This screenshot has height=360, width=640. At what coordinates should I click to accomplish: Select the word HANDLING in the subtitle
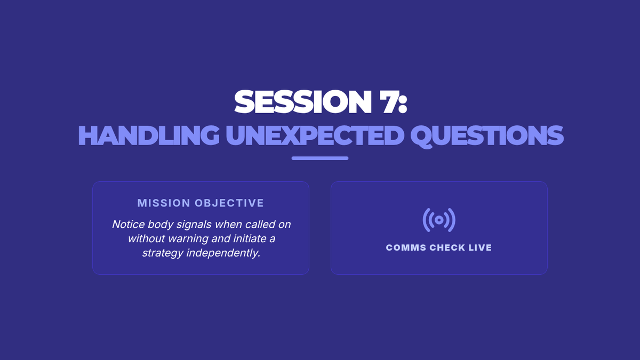149,135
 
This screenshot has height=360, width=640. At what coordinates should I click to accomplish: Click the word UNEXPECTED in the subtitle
315,135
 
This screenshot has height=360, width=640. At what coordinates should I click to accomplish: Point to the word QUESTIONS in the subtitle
487,136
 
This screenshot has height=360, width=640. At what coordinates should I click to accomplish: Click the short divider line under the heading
320,158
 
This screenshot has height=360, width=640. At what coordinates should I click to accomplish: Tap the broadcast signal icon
439,220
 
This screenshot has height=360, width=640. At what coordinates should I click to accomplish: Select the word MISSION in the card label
164,203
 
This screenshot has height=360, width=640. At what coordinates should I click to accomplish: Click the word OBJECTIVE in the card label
229,203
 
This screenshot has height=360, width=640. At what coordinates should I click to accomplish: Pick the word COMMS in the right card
406,247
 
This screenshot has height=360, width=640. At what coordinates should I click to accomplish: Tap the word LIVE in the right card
481,247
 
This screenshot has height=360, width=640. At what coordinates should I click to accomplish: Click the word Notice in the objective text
129,225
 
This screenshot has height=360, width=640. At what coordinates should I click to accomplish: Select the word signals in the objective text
194,225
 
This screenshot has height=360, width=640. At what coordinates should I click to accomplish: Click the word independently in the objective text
223,253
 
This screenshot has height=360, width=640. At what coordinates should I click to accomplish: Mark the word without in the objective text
146,238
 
